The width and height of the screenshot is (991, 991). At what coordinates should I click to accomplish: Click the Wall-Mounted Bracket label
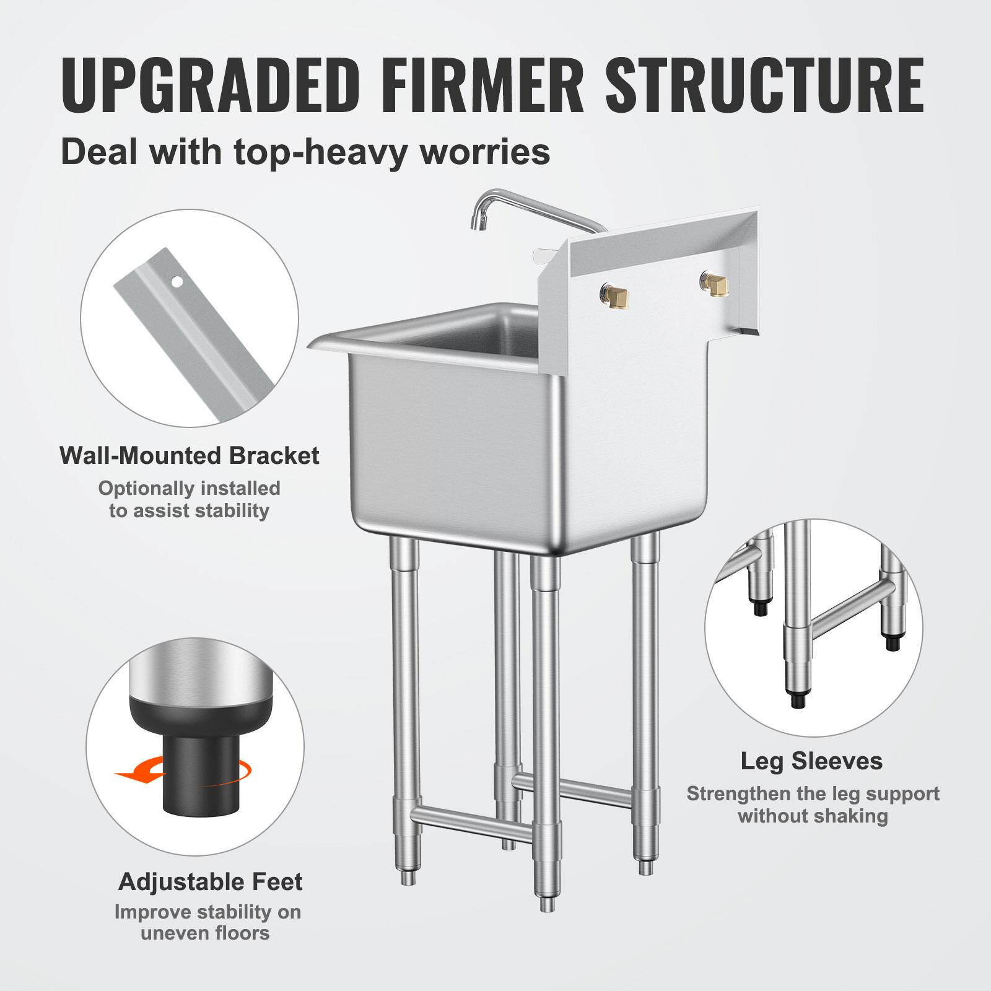190,456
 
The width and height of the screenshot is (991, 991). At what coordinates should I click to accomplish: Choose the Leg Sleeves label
812,761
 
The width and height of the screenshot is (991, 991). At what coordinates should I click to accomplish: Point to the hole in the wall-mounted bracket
177,282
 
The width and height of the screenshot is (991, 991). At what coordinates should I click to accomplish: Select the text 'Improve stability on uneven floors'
207,921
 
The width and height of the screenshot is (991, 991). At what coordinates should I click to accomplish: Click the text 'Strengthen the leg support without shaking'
813,805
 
